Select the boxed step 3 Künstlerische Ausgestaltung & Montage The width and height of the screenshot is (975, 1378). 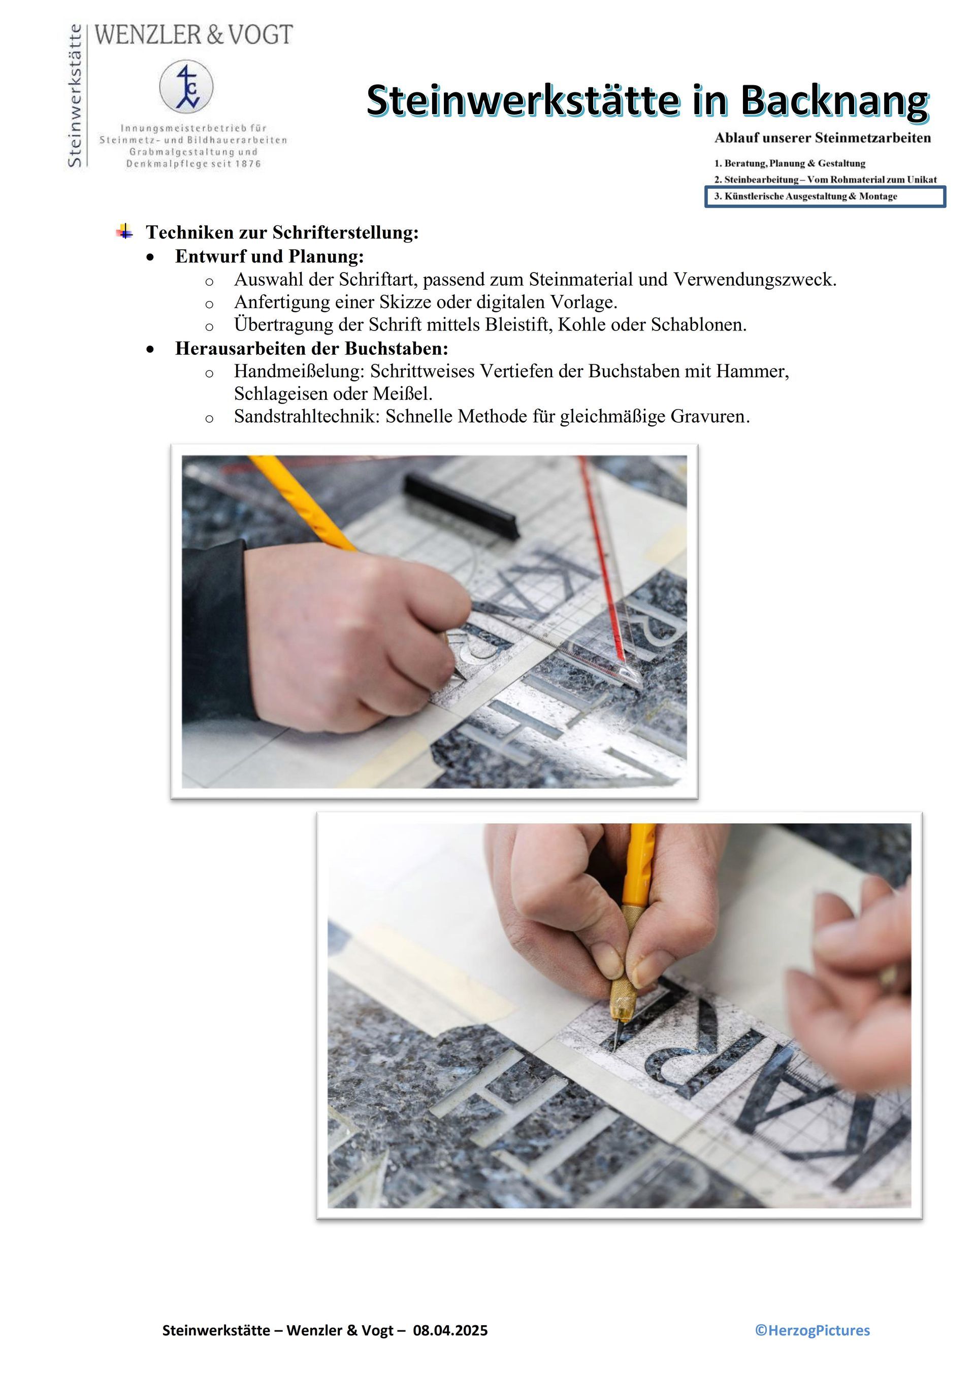pyautogui.click(x=825, y=197)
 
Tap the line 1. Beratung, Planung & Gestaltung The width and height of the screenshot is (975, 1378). pyautogui.click(x=790, y=163)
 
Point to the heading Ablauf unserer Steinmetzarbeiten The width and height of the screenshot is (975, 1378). pyautogui.click(x=823, y=138)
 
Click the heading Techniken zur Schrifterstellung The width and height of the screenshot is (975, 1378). pyautogui.click(x=282, y=233)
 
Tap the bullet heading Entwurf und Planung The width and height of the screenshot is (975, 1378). pyautogui.click(x=270, y=256)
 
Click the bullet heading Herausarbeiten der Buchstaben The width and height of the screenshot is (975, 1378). pyautogui.click(x=312, y=349)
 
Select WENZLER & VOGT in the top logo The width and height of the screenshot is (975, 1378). pyautogui.click(x=193, y=35)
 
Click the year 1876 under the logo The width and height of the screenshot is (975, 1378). pyautogui.click(x=247, y=164)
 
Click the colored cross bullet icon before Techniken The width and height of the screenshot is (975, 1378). pyautogui.click(x=125, y=231)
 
